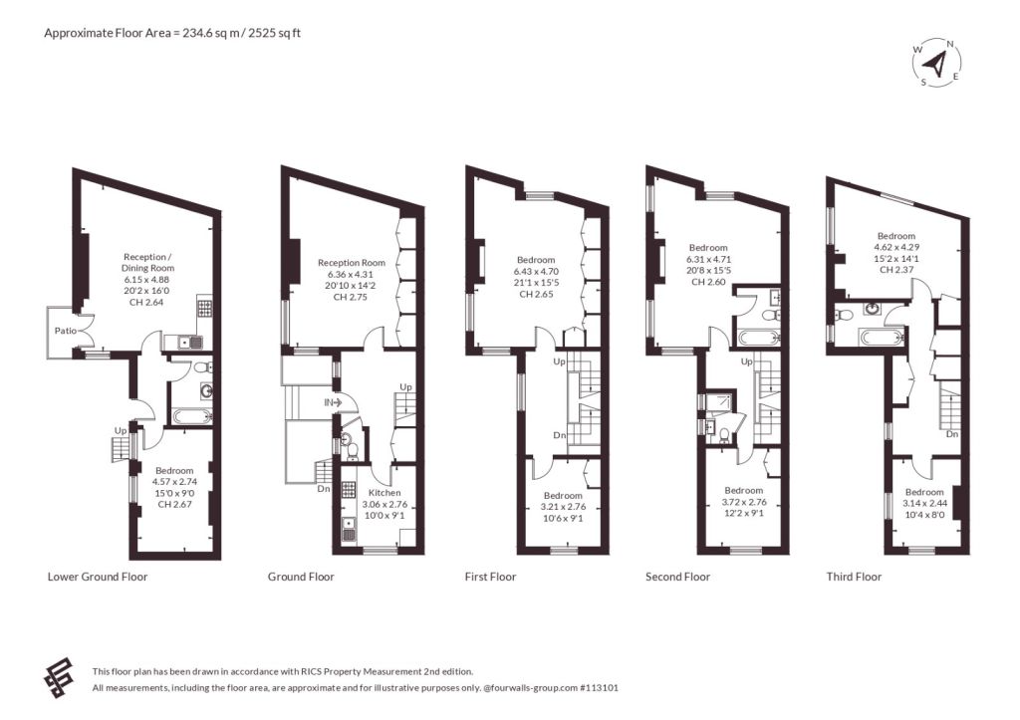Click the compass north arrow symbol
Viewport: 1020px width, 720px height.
[936, 63]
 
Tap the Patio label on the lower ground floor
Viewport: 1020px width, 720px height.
[65, 331]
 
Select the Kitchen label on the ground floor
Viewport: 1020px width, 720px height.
[384, 492]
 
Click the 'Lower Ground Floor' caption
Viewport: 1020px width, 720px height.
[98, 577]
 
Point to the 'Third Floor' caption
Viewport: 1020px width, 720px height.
[854, 577]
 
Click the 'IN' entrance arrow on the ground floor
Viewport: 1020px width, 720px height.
[334, 403]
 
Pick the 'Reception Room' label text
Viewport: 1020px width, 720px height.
[352, 263]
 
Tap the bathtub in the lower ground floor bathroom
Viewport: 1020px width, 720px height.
[191, 415]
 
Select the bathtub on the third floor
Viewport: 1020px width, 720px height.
[881, 338]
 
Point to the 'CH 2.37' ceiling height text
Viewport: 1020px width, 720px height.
[896, 270]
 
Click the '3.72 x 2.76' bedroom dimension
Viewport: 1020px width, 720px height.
[743, 502]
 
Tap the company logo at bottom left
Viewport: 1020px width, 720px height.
[59, 679]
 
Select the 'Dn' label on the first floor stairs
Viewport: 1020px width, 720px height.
[560, 435]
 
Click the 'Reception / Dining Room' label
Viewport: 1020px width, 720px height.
[147, 262]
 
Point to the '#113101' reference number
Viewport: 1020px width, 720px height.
[599, 687]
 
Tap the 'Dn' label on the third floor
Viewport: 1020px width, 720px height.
[952, 434]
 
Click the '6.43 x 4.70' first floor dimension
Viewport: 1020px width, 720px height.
[536, 271]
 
